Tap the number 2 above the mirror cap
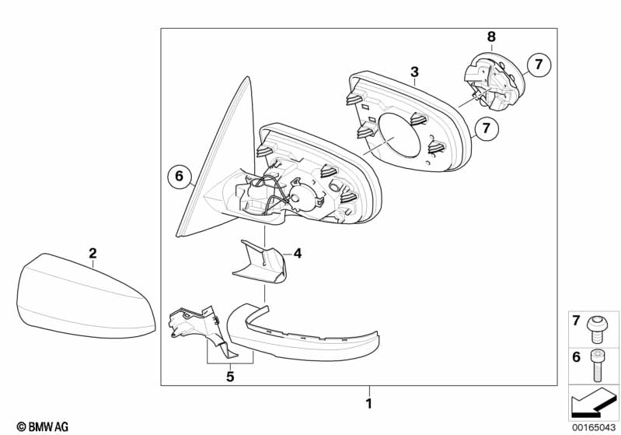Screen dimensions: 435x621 (x=92, y=253)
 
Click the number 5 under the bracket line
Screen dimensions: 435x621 (x=230, y=377)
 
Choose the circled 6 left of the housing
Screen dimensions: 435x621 (x=179, y=177)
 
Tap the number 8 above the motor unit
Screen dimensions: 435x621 (x=490, y=36)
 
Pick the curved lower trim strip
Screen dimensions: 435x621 (x=303, y=335)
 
